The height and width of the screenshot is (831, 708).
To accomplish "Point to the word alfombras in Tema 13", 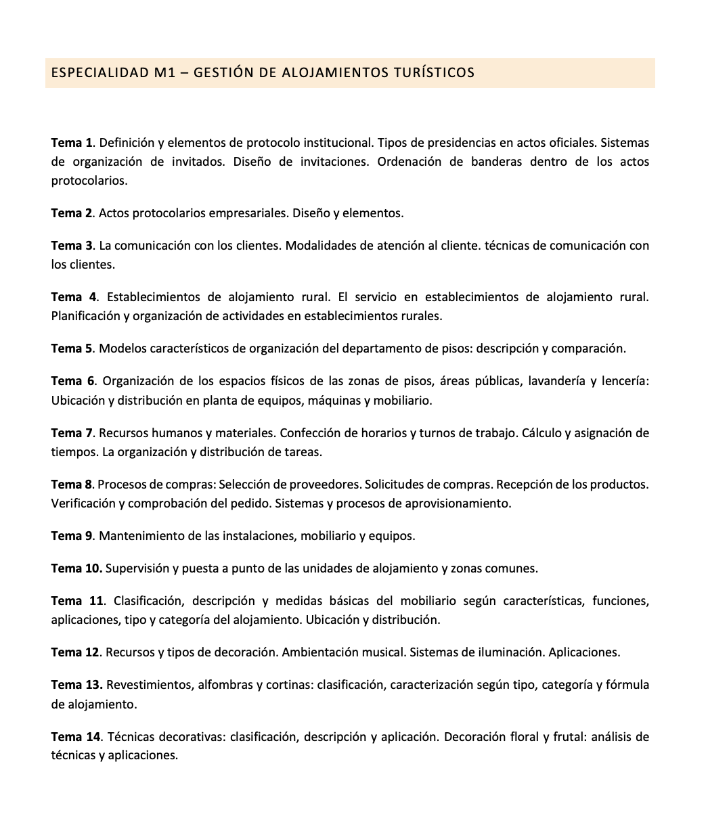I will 225,685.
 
